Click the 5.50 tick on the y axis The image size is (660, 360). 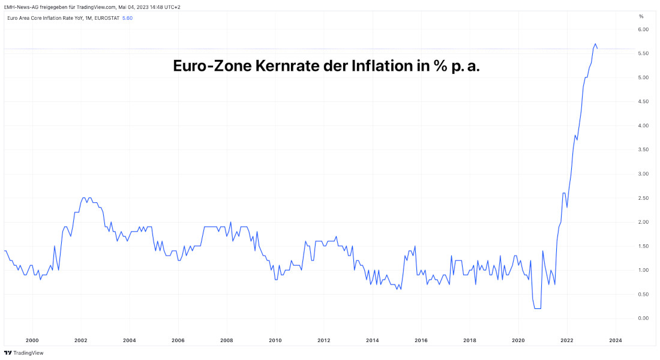pyautogui.click(x=644, y=53)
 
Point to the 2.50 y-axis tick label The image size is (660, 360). pyautogui.click(x=644, y=198)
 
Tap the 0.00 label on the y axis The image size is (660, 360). pyautogui.click(x=644, y=318)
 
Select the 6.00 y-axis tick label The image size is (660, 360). pyautogui.click(x=644, y=29)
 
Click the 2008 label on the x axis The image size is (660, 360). pyautogui.click(x=226, y=340)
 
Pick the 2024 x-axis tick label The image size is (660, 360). pyautogui.click(x=615, y=340)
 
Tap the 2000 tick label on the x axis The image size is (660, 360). pyautogui.click(x=32, y=340)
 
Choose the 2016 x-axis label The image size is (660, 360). pyautogui.click(x=421, y=340)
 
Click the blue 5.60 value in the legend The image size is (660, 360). pyautogui.click(x=127, y=18)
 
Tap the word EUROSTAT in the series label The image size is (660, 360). pyautogui.click(x=106, y=18)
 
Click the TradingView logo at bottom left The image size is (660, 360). pyautogui.click(x=24, y=353)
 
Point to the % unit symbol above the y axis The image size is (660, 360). pyautogui.click(x=641, y=16)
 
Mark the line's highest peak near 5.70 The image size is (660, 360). pyautogui.click(x=595, y=44)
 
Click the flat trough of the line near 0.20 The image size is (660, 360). pyautogui.click(x=537, y=308)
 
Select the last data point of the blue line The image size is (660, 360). pyautogui.click(x=597, y=49)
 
